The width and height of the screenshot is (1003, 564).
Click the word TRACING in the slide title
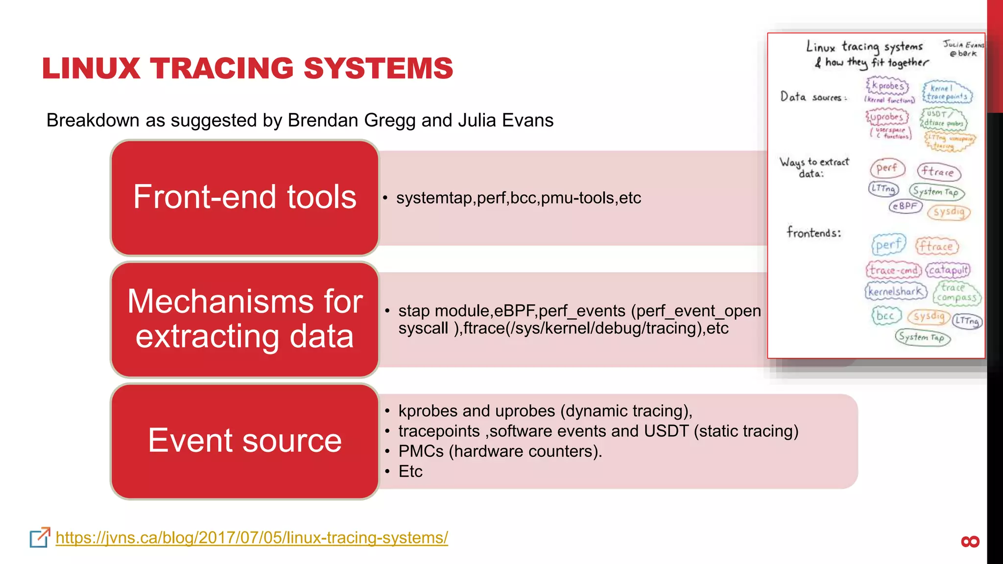[x=223, y=68]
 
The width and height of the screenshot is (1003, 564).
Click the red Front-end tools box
[x=244, y=197]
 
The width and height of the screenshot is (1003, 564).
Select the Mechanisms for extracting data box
[x=244, y=319]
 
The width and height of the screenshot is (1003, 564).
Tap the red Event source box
[x=244, y=441]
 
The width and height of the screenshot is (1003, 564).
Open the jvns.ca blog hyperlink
[x=252, y=538]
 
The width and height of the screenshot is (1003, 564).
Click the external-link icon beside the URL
[x=40, y=538]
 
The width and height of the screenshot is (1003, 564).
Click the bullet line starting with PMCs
[x=500, y=451]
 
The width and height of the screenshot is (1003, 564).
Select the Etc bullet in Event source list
[x=410, y=471]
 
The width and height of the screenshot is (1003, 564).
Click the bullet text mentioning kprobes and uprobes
[x=545, y=411]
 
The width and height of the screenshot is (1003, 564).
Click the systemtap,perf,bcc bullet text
[x=518, y=198]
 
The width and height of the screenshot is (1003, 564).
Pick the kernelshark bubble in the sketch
[x=896, y=291]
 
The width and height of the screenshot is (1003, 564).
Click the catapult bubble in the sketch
[x=948, y=270]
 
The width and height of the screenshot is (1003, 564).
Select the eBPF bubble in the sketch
[x=905, y=206]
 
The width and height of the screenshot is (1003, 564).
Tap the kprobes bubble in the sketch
[x=887, y=86]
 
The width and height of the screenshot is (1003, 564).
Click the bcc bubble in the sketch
[x=885, y=316]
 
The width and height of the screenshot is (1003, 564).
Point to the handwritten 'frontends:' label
[x=813, y=233]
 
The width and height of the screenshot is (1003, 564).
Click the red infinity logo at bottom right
[x=970, y=541]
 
